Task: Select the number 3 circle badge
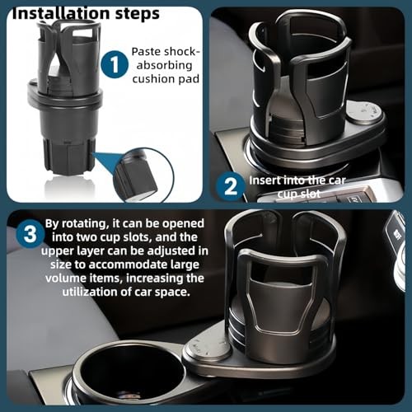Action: pos(29,234)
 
